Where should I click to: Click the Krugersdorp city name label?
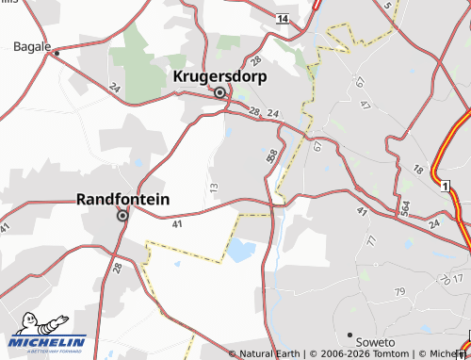(220, 75)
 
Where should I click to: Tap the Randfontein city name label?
(122, 199)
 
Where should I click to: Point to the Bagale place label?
(31, 45)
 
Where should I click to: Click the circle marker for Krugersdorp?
(220, 92)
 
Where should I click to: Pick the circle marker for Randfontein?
(122, 216)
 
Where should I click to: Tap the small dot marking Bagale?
(57, 53)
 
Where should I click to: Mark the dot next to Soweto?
(350, 335)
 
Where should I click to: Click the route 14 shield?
(282, 18)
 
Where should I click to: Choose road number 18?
(418, 169)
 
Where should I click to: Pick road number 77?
(370, 241)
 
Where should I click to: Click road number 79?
(399, 292)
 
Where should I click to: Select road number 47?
(365, 104)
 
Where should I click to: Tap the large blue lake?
(240, 251)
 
